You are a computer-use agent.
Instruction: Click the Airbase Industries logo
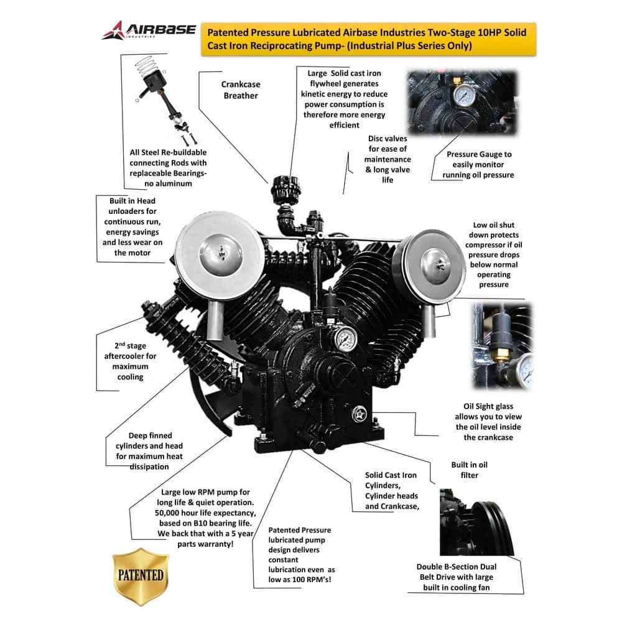[149, 30]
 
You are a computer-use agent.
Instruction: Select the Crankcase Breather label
[241, 90]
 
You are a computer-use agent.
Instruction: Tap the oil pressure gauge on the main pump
[343, 340]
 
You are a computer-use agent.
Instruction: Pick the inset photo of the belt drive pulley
[476, 521]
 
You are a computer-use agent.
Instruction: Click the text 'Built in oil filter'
[469, 470]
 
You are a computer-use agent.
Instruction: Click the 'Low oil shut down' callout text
[493, 254]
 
